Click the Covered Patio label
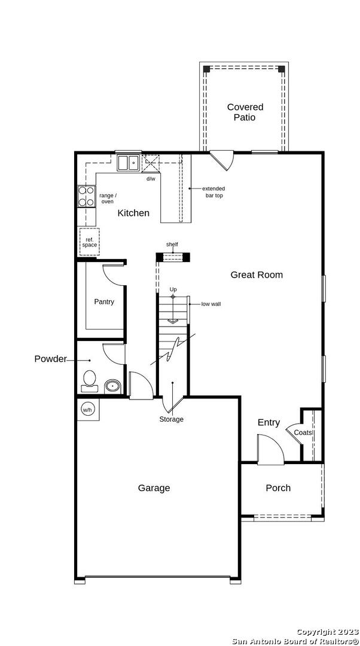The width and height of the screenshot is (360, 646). (x=245, y=112)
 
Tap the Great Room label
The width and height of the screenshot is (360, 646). (x=256, y=275)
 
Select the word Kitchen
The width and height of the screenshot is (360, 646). (x=133, y=213)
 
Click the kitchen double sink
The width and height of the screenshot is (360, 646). (x=129, y=163)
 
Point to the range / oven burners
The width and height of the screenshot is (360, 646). (x=87, y=196)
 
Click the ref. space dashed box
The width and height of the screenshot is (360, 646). (x=89, y=242)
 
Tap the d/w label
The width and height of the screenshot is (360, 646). (x=151, y=178)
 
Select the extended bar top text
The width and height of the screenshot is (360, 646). (x=213, y=192)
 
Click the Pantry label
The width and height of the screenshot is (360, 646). (x=104, y=301)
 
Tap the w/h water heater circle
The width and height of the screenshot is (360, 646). (x=87, y=410)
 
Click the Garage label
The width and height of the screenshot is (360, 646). (x=154, y=488)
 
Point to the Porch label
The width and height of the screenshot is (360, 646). (x=278, y=488)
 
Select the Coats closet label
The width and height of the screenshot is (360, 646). (x=303, y=433)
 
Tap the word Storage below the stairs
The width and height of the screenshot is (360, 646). (x=172, y=419)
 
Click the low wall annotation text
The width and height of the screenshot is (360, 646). (x=211, y=304)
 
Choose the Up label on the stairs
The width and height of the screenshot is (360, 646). (x=173, y=290)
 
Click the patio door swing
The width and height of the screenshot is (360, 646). (x=222, y=161)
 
